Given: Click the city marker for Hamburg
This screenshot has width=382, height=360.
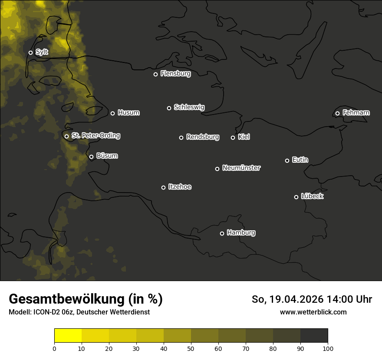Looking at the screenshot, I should pyautogui.click(x=222, y=233).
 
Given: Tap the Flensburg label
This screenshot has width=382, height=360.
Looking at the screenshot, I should pyautogui.click(x=175, y=74).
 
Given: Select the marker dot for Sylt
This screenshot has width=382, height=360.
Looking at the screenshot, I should pyautogui.click(x=30, y=52).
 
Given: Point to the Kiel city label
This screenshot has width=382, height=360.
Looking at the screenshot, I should pyautogui.click(x=244, y=137).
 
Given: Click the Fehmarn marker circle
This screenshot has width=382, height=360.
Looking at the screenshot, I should pyautogui.click(x=337, y=113).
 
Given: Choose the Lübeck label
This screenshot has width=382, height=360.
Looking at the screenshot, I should pyautogui.click(x=312, y=196).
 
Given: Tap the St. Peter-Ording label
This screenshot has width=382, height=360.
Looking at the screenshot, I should pyautogui.click(x=95, y=136).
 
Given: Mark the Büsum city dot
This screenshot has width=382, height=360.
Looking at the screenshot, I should pyautogui.click(x=91, y=157).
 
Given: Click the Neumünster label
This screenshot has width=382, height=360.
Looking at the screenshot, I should pyautogui.click(x=241, y=168).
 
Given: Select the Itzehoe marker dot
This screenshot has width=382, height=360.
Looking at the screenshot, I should pyautogui.click(x=163, y=187).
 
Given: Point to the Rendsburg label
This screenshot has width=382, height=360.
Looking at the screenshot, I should pyautogui.click(x=203, y=137).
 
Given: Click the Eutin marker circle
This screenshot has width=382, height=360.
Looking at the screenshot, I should pyautogui.click(x=287, y=160).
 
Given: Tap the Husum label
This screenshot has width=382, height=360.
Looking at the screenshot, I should pyautogui.click(x=128, y=113).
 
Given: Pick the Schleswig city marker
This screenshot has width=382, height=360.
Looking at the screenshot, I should pyautogui.click(x=169, y=108).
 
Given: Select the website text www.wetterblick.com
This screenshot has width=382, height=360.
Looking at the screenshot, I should pyautogui.click(x=313, y=312).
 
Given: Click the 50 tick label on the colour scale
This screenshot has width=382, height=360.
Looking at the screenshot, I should pyautogui.click(x=191, y=348).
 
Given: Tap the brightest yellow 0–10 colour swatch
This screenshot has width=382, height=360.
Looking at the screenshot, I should pyautogui.click(x=68, y=336).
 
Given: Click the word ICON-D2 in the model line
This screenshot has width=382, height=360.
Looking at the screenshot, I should pyautogui.click(x=46, y=312).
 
